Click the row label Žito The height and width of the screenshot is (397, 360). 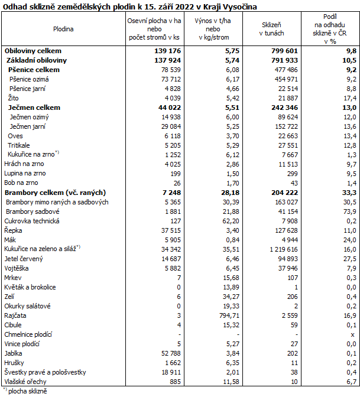point(14,97)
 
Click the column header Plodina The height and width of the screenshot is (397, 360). point(63,28)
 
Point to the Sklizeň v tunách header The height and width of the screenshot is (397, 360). point(274,28)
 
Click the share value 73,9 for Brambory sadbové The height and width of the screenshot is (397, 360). point(349,211)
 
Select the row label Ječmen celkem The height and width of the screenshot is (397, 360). point(34,108)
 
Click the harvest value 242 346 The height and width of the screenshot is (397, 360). point(279,108)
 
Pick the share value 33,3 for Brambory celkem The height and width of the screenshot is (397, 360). point(349,192)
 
